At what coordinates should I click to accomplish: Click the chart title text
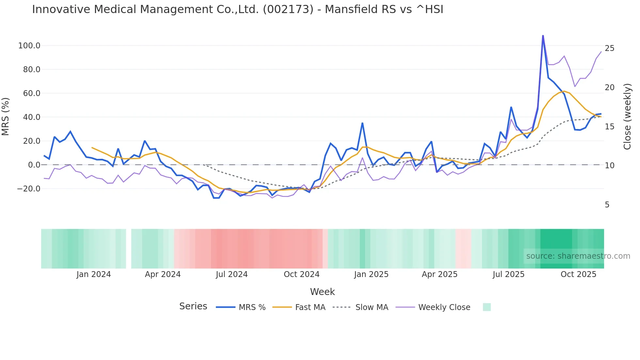point(237,9)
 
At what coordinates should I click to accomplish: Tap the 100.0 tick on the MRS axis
point(29,46)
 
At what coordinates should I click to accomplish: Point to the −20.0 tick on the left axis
point(28,189)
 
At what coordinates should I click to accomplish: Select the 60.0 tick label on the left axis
point(31,93)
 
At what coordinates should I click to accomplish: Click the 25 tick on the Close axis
point(609,48)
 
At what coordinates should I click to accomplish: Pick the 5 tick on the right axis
point(607,205)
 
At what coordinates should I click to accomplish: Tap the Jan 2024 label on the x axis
point(94,274)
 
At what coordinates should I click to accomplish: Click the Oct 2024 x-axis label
point(301,274)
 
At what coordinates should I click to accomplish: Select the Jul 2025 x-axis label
point(508,274)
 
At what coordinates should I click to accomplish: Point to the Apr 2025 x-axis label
point(440,274)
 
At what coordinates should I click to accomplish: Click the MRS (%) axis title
point(6,116)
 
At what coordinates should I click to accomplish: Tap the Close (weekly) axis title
point(627,116)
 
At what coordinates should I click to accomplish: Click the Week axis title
point(322,292)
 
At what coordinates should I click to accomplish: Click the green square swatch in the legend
point(487,307)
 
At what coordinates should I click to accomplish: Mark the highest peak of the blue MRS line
point(543,36)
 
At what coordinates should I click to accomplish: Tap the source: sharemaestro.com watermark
point(578,256)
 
